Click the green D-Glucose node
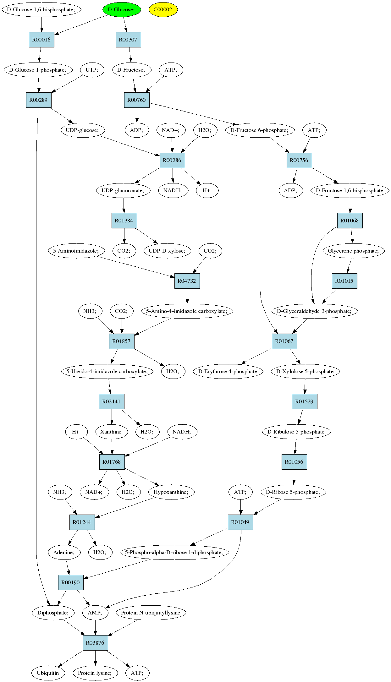tap(121, 9)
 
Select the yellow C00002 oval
tap(163, 9)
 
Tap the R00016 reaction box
tap(41, 40)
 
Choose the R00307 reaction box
tap(128, 40)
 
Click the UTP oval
tap(92, 70)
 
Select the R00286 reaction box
tap(172, 160)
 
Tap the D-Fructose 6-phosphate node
tap(260, 130)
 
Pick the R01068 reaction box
tap(350, 221)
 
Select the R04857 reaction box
tap(122, 341)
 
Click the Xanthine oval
tap(111, 432)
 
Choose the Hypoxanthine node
tap(171, 492)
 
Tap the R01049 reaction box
tap(240, 522)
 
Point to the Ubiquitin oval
tap(48, 673)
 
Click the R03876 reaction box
tap(95, 643)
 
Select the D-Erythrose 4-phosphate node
tap(228, 371)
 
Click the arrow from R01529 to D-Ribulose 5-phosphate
tap(300, 417)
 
